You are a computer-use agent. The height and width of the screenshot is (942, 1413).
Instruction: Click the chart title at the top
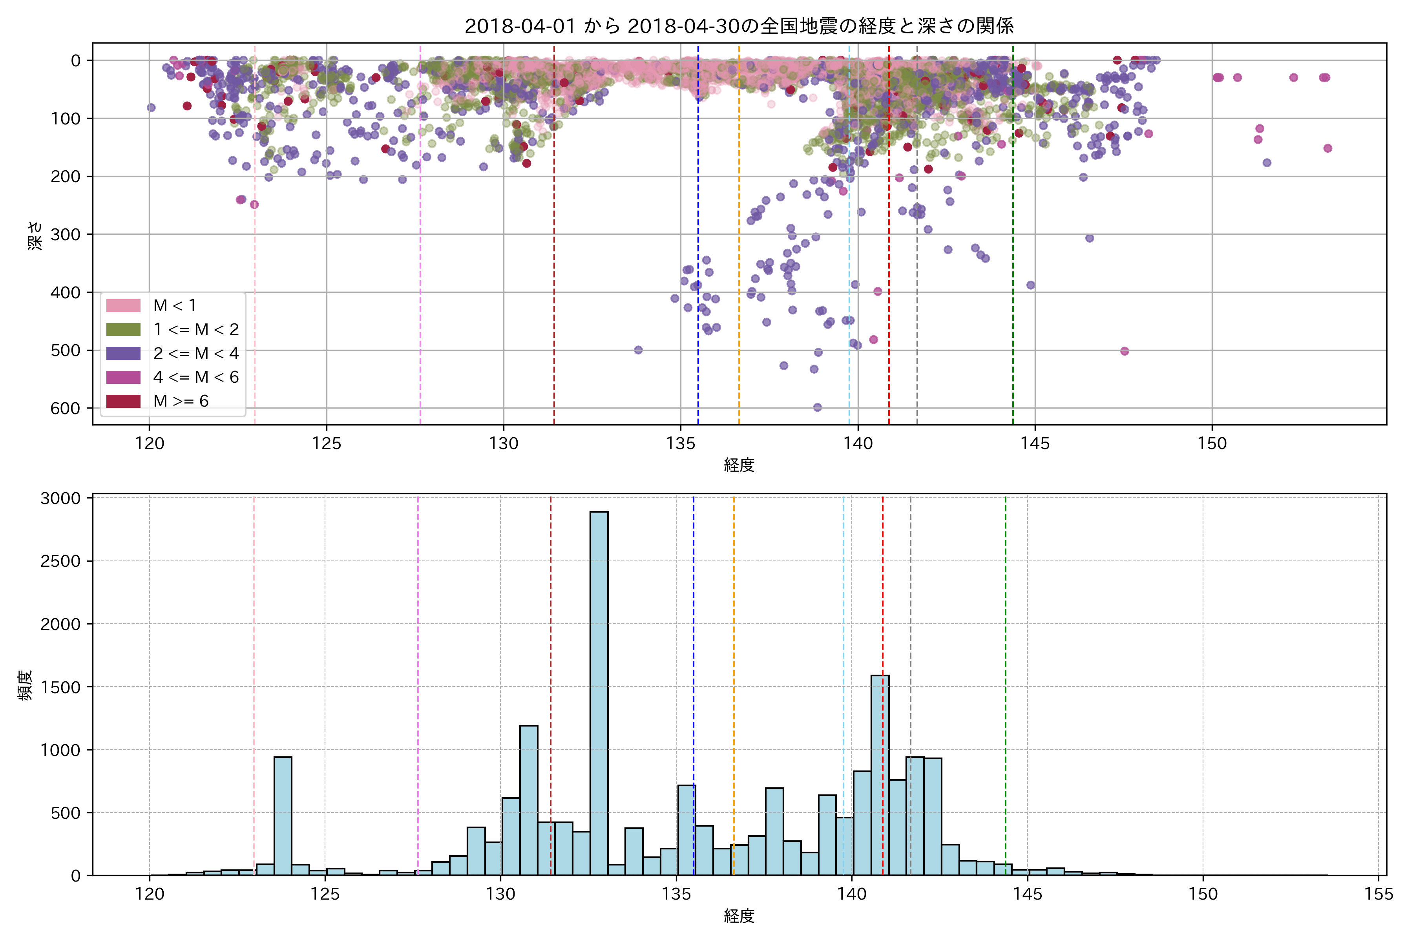[x=739, y=26]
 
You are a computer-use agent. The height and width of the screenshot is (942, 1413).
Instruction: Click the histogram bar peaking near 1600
[x=880, y=775]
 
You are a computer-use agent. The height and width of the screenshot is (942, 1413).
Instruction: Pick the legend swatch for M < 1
[x=123, y=306]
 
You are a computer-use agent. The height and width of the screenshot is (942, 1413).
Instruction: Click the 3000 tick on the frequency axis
[x=60, y=498]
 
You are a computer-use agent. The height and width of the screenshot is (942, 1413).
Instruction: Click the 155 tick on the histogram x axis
[x=1378, y=894]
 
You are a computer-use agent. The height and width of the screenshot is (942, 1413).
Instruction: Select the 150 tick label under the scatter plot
[x=1212, y=444]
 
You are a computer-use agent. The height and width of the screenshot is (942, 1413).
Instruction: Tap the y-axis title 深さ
[x=35, y=235]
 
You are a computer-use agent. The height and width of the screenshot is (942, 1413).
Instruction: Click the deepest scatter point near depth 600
[x=817, y=407]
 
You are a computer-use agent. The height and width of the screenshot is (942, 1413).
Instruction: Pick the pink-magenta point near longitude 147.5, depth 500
[x=1125, y=351]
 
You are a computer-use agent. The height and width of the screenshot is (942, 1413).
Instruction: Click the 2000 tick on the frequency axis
[x=60, y=624]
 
